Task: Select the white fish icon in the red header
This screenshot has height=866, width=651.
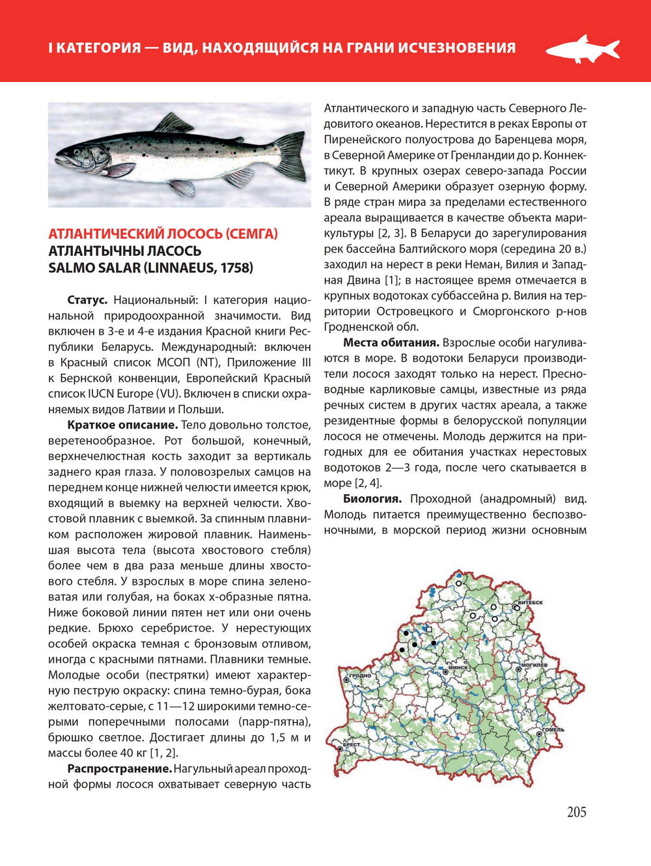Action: coord(582,49)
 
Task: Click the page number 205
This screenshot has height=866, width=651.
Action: coord(576,812)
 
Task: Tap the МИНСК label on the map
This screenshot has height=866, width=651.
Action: coord(458,667)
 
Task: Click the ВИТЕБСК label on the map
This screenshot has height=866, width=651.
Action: coord(531,603)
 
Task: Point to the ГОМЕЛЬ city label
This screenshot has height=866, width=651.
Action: coord(553,729)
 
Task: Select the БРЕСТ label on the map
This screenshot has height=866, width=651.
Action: coord(352,744)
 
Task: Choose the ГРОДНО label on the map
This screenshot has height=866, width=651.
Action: coord(360,675)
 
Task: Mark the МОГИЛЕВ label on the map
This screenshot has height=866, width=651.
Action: coord(536,665)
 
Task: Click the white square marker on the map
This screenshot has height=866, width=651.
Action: coord(429,630)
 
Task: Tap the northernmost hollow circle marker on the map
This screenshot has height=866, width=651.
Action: coord(458,584)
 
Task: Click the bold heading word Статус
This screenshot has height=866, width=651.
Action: coord(87,300)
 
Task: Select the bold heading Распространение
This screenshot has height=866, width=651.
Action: coord(119,769)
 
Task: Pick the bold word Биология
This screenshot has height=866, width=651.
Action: coord(372,499)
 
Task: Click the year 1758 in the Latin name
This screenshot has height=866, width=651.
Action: coord(234,268)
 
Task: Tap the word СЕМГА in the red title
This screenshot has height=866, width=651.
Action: coord(251,234)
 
